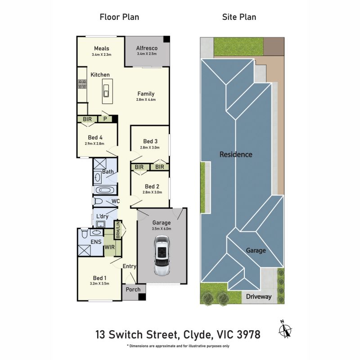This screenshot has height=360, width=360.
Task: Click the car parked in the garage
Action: tap(162, 255)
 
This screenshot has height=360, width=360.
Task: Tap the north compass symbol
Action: tap(285, 329)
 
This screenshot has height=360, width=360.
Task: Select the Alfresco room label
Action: tap(147, 48)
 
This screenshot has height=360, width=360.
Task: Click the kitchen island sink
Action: tap(106, 91)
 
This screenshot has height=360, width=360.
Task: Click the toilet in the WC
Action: tap(98, 201)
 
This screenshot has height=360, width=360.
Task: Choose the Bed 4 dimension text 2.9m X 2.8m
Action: tap(94, 144)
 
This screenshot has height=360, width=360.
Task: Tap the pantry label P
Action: tap(105, 119)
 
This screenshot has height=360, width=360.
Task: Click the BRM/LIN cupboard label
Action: tap(118, 230)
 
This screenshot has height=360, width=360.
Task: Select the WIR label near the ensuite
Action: tap(109, 247)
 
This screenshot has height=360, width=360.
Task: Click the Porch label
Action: tap(133, 289)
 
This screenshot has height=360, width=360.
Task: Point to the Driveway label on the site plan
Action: tap(259, 297)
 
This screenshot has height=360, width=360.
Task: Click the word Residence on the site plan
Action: tap(236, 154)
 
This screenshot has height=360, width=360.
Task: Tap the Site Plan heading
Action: tap(239, 17)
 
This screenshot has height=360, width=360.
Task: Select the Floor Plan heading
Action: tap(119, 17)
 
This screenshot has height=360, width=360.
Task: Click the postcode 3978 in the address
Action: tap(249, 334)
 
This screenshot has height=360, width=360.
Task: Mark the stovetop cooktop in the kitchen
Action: tap(82, 84)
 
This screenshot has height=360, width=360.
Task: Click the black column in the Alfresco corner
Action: tap(166, 39)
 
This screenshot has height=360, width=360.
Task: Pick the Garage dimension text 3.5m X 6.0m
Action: tap(162, 229)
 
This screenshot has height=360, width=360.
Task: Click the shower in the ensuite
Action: tap(84, 250)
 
